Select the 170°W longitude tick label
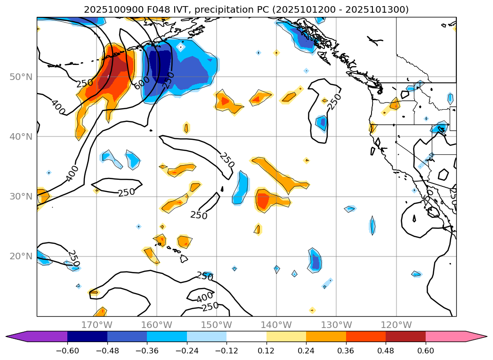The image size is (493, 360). coord(97,325)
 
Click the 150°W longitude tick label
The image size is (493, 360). coord(216,325)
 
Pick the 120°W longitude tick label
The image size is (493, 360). coord(396,325)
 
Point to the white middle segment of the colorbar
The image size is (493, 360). coord(246,336)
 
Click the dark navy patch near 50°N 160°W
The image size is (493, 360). coord(160,66)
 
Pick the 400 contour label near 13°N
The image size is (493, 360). coord(205,297)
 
